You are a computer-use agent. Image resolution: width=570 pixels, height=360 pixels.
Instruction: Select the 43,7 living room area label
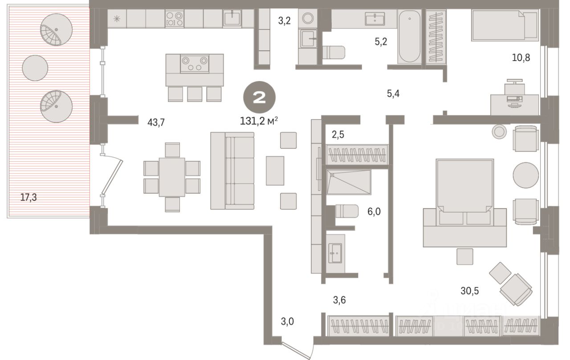[x=156, y=123]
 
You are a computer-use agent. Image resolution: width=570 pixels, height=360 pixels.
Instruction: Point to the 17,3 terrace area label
[x=28, y=196]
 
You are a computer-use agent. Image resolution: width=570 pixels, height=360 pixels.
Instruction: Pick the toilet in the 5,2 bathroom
[x=333, y=52]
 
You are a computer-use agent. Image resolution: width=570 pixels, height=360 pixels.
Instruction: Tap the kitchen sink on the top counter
[x=232, y=18]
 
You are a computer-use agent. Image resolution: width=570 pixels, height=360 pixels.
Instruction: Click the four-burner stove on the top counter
[x=174, y=19]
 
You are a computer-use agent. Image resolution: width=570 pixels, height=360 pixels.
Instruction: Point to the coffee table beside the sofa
[x=275, y=171]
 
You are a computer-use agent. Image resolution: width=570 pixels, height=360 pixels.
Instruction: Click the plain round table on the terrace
[x=35, y=68]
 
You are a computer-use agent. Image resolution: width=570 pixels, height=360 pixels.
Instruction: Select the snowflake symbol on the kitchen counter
[x=117, y=19]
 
